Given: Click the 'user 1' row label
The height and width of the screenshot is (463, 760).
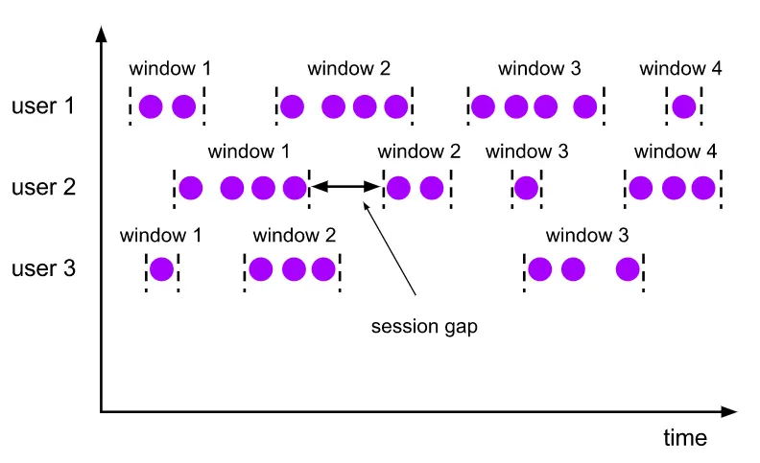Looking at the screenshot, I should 42,105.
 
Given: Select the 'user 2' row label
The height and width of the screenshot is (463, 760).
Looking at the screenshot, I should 42,186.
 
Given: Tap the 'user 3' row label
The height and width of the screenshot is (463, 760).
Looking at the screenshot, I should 42,267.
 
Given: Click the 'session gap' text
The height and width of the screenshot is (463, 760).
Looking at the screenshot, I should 424,326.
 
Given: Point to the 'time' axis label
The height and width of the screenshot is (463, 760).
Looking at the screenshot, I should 685,438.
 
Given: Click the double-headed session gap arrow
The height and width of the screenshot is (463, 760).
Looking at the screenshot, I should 345,187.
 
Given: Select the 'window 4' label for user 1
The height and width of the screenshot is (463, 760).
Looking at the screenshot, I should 680,69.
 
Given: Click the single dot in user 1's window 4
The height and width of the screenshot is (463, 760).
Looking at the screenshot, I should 683,106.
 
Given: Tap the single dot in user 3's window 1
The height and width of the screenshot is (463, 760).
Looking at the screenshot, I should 161,269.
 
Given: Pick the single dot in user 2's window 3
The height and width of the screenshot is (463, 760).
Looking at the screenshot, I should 526,188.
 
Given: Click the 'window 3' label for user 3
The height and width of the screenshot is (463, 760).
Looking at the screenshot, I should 586,235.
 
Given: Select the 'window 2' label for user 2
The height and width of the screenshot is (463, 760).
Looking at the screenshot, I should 419,151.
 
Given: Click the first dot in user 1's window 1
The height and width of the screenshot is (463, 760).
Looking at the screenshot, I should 151,106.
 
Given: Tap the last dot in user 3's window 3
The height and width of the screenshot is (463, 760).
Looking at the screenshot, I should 628,269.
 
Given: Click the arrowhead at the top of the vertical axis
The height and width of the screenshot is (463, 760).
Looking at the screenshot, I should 101,35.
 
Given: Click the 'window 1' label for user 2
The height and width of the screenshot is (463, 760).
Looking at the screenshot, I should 249,151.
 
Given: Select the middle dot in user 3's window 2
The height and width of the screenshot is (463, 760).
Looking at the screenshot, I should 294,269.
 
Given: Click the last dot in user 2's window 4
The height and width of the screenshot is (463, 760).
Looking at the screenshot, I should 703,188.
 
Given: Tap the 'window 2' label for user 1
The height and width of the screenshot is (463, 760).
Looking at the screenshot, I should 348,69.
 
